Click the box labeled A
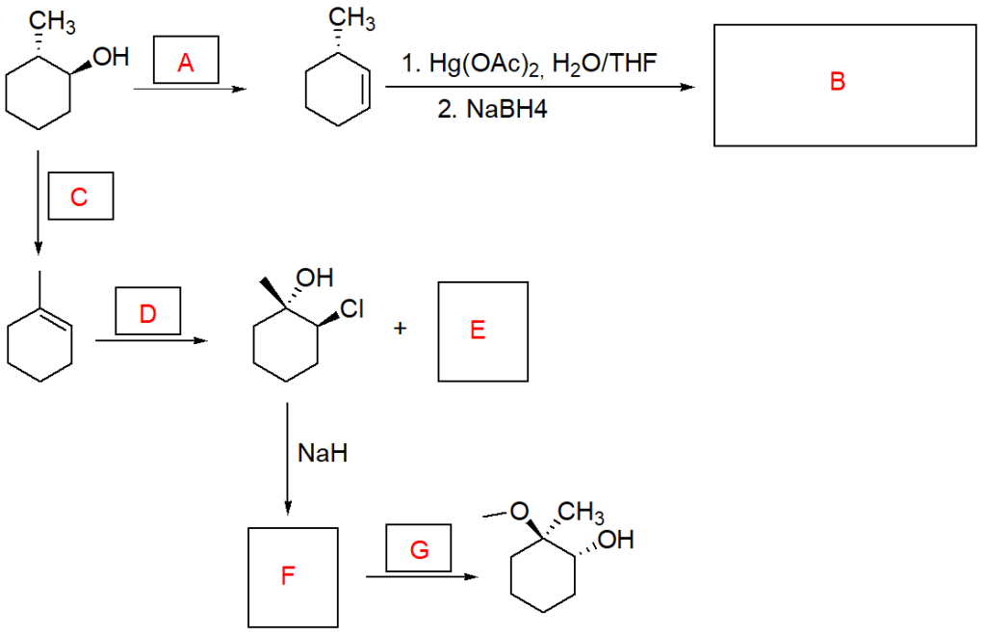[x=186, y=64]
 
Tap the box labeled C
[x=80, y=198]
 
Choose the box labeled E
[x=482, y=331]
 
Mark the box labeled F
[x=293, y=576]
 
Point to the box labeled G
[x=419, y=550]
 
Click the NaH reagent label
[x=323, y=453]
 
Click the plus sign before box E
[x=400, y=330]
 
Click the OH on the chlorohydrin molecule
[x=313, y=279]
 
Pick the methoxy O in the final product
[x=519, y=511]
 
